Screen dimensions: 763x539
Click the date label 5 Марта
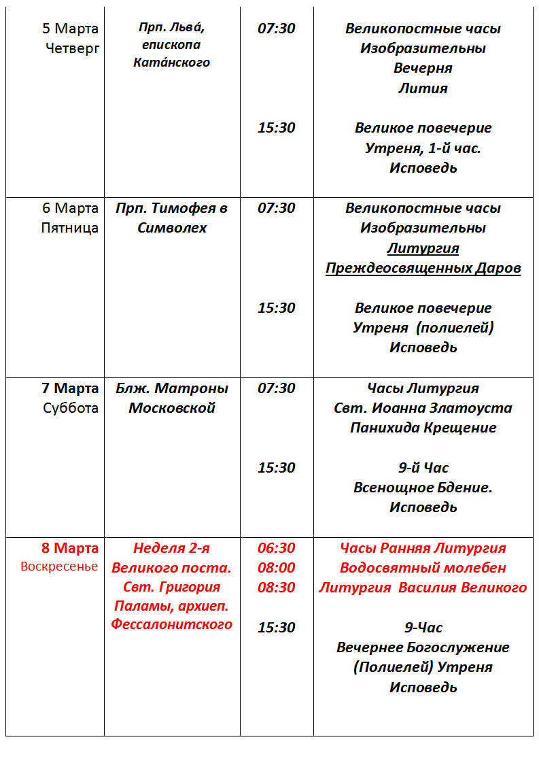tap(70, 29)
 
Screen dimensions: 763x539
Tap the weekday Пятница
tap(69, 228)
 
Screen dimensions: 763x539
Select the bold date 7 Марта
tap(69, 388)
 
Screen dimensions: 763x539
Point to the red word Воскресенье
tap(59, 566)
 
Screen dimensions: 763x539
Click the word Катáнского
tap(172, 63)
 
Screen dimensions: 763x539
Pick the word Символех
tap(172, 228)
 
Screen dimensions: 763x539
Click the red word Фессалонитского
tap(172, 624)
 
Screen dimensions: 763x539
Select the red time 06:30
tap(276, 548)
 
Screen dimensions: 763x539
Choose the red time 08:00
tap(276, 568)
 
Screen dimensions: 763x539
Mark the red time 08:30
tap(276, 588)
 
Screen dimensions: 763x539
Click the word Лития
tap(423, 88)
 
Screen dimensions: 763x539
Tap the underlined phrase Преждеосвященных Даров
tap(423, 268)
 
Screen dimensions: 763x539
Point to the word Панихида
tap(383, 428)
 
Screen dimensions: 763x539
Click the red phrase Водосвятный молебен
tap(423, 568)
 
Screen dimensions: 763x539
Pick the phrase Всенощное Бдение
tap(423, 488)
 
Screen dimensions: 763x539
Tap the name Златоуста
tap(475, 408)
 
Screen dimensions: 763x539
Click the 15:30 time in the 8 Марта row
tap(276, 628)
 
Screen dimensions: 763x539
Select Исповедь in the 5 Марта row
tap(423, 168)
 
